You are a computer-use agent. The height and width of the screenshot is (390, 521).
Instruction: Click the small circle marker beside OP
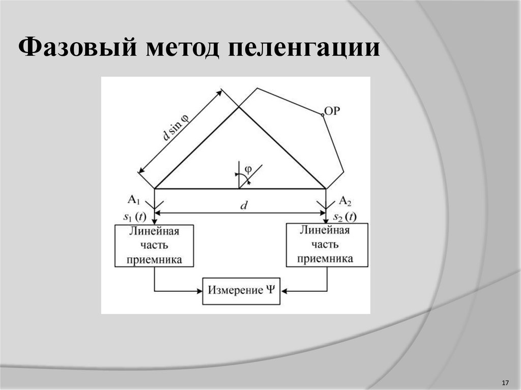click(x=323, y=115)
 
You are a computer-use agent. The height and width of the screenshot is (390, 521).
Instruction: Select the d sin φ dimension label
click(x=174, y=126)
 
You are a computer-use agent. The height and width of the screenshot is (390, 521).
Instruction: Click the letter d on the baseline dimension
click(x=244, y=205)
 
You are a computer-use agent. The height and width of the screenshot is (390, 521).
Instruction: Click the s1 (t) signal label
click(x=135, y=217)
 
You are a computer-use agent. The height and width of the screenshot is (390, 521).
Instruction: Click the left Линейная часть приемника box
click(x=154, y=246)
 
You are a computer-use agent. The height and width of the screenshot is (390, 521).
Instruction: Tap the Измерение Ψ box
click(x=241, y=291)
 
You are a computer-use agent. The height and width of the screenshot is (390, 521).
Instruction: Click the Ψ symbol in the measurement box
click(x=270, y=290)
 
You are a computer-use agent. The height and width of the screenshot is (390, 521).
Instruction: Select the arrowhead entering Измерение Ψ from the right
click(x=283, y=291)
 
